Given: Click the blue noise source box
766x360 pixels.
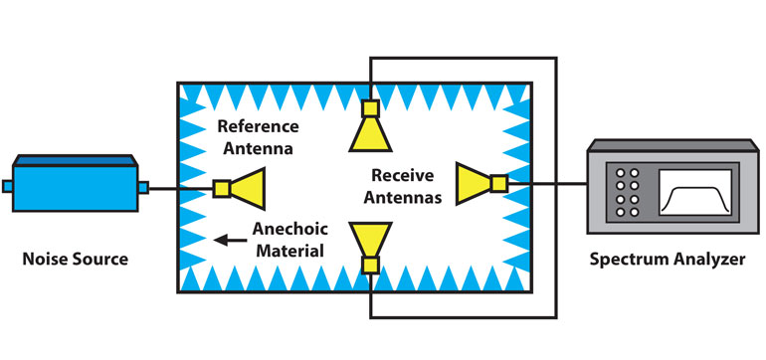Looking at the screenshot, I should pos(75,186).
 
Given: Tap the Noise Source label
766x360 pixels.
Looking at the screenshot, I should pos(76,260).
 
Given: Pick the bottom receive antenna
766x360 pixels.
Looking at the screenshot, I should pos(369,243).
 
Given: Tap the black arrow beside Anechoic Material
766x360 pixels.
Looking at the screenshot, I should pos(234,239).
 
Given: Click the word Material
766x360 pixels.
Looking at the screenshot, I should pos(288,250).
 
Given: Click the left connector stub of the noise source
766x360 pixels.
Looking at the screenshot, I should pos(8,186).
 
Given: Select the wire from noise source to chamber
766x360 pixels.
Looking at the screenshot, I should pos(163,187).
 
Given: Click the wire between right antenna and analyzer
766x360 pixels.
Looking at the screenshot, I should pos(547,183).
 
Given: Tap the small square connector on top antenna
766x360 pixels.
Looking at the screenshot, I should pos(370,107).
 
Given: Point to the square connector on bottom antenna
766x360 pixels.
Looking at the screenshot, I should pos(370,266).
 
